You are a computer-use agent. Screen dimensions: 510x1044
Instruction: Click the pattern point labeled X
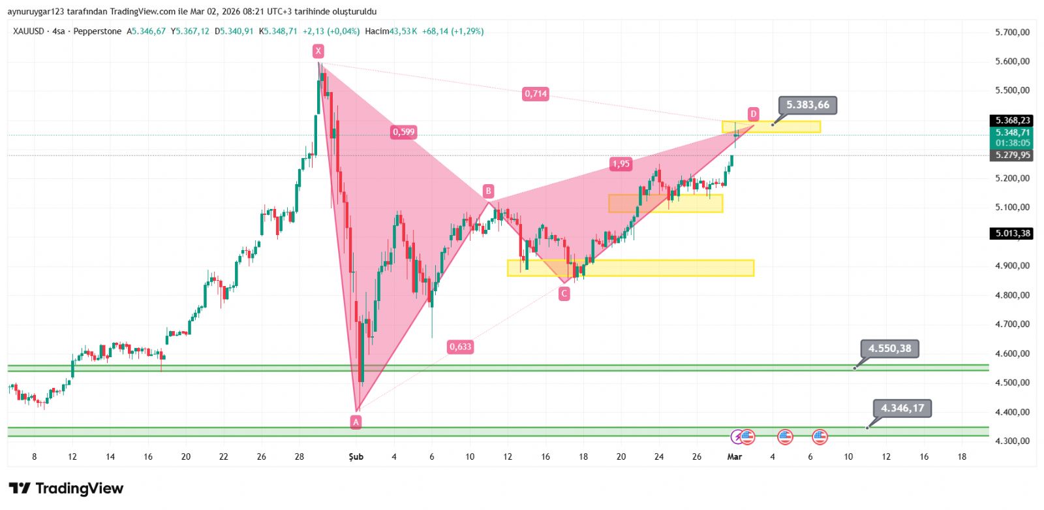click(x=318, y=51)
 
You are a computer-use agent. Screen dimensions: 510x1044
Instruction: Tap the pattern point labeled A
click(x=356, y=422)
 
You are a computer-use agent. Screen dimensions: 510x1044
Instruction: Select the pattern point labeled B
click(x=488, y=191)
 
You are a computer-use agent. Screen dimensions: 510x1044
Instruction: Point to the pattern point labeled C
click(x=564, y=294)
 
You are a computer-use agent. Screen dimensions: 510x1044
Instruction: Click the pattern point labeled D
click(x=753, y=114)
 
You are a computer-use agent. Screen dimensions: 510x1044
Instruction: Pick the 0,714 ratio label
click(x=536, y=94)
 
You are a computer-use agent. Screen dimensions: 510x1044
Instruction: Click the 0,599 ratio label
click(x=403, y=132)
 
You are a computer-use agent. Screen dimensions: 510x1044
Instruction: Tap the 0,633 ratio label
click(x=460, y=347)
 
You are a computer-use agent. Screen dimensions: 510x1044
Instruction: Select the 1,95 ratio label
click(x=621, y=164)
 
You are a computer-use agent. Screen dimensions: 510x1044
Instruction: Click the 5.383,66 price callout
click(x=808, y=105)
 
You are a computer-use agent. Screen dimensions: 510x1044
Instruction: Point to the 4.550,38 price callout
click(x=889, y=349)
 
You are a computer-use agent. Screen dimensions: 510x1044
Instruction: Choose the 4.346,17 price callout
click(x=902, y=408)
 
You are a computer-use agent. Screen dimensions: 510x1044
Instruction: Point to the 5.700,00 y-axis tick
click(x=1012, y=32)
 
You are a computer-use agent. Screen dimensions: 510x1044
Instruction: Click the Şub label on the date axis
click(x=356, y=457)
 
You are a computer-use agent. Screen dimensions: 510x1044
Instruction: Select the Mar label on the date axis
click(x=735, y=457)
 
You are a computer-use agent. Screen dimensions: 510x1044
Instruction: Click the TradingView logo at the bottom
click(x=66, y=488)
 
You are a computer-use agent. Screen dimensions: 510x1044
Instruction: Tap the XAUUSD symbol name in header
click(x=29, y=31)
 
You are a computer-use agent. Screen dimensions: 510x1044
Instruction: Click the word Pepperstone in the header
click(x=97, y=31)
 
